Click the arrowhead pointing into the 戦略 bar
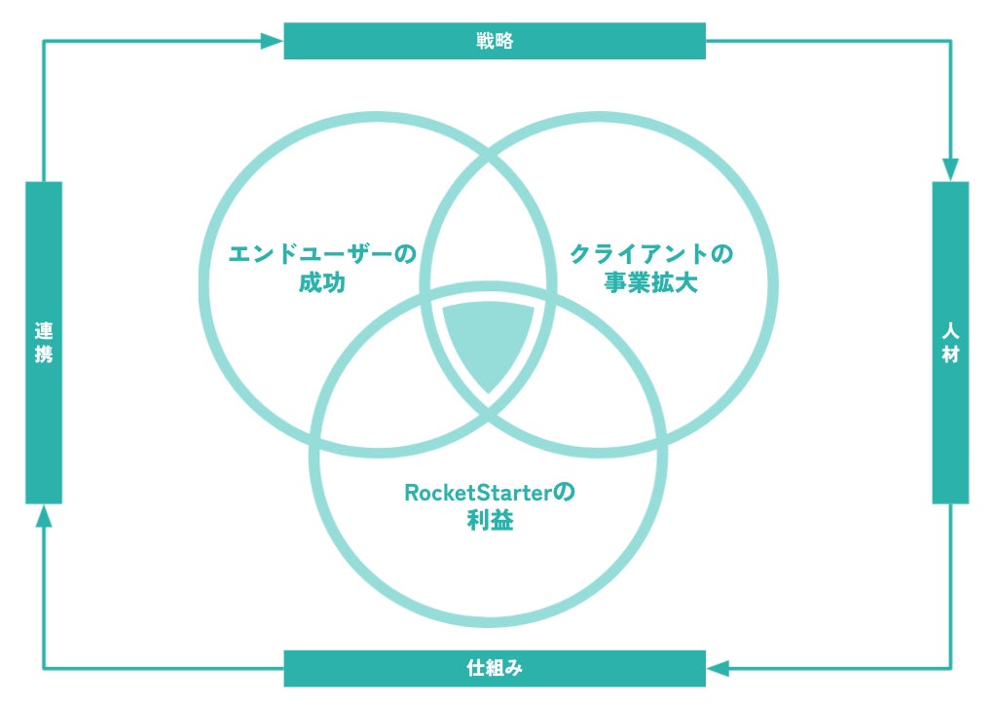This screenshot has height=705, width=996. [274, 41]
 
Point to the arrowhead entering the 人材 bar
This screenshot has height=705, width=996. [950, 169]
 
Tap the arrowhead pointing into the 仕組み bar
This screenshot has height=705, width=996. [718, 669]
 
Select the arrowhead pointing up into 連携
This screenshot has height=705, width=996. [44, 516]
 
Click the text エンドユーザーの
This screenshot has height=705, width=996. [321, 255]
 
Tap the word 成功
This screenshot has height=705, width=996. [322, 285]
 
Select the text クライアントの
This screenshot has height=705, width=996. [649, 255]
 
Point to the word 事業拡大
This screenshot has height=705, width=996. [649, 285]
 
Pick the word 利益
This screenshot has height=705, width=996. [490, 522]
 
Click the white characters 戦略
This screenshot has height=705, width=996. [495, 41]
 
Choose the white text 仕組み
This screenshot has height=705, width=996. [495, 669]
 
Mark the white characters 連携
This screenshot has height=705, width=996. [44, 343]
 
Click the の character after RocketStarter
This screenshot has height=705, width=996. [564, 492]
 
